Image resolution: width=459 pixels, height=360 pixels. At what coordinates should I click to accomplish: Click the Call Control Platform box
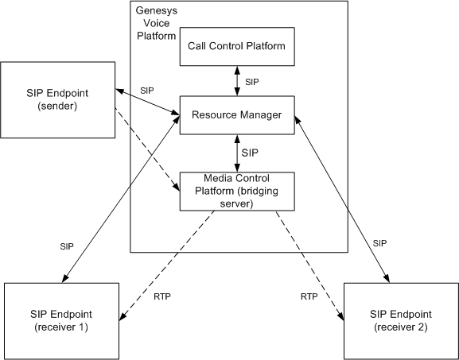[x=237, y=47]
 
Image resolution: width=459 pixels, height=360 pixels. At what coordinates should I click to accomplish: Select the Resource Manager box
[x=237, y=115]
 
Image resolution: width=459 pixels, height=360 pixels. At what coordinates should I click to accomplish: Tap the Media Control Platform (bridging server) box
[x=237, y=192]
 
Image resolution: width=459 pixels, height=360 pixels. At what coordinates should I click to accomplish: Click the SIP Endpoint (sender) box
[x=57, y=99]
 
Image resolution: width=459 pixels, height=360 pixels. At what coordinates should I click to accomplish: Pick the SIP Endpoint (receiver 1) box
[x=61, y=321]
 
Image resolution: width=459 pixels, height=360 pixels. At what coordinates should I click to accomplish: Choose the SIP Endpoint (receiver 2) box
[x=401, y=321]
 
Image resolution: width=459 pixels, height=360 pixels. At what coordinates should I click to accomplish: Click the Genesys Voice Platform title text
[x=157, y=23]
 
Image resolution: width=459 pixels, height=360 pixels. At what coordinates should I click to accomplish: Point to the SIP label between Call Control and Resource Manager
[x=252, y=82]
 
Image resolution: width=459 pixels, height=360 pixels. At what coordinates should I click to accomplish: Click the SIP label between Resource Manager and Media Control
[x=250, y=153]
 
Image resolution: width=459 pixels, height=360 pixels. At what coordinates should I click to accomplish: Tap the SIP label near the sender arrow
[x=147, y=91]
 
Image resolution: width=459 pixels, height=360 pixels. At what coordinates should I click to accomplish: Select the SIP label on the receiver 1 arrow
[x=67, y=246]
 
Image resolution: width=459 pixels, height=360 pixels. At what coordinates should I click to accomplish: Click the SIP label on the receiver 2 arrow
[x=379, y=243]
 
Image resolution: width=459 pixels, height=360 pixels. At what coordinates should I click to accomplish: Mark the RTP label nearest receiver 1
[x=162, y=296]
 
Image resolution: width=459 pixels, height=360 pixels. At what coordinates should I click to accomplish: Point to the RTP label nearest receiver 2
[x=309, y=296]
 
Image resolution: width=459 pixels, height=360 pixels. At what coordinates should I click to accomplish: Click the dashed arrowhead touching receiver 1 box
[x=123, y=316]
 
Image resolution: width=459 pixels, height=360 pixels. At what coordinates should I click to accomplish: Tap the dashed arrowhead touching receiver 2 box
[x=340, y=315]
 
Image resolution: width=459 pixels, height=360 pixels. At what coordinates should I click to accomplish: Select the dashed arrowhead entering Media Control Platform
[x=177, y=187]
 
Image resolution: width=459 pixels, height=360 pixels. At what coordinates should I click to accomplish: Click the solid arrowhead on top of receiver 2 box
[x=387, y=279]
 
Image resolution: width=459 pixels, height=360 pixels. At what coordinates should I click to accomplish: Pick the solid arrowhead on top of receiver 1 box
[x=65, y=278]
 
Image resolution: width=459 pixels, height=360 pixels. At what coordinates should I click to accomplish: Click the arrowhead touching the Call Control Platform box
[x=237, y=70]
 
